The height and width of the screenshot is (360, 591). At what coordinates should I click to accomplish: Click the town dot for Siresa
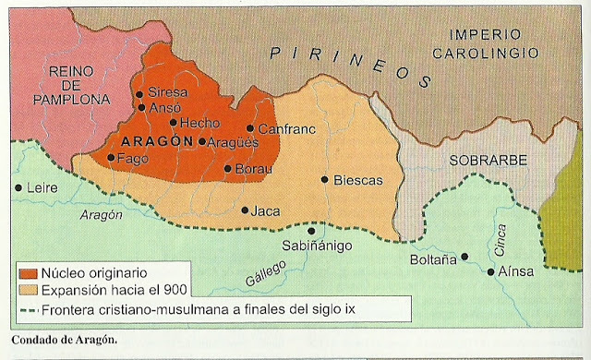coord(139,93)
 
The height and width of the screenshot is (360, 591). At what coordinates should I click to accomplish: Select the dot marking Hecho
coord(173,122)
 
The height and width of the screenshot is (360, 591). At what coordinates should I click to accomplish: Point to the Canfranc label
coord(281,129)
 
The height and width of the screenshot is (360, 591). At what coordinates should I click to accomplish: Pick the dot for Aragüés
coord(202,141)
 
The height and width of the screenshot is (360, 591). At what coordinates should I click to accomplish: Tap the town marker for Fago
coord(111,158)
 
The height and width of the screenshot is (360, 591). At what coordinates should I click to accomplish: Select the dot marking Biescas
coord(324,180)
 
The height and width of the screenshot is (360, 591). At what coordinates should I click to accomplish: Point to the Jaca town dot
coord(245,210)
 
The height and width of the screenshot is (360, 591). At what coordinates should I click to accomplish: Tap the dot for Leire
coord(18,187)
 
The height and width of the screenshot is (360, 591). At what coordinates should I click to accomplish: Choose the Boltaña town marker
coord(464,257)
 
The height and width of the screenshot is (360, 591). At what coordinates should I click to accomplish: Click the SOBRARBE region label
coord(488,161)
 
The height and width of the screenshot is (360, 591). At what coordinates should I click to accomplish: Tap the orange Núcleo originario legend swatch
coord(27,273)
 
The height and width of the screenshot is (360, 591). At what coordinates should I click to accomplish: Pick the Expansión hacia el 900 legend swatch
coord(27,289)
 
